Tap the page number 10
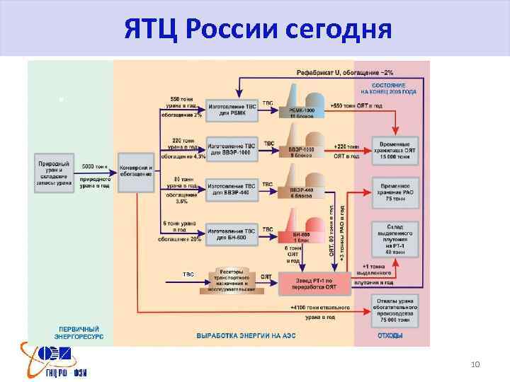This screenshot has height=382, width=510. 475,364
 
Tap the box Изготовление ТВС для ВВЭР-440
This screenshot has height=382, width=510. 231,188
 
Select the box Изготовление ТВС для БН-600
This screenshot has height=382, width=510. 231,233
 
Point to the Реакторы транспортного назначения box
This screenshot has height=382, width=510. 231,279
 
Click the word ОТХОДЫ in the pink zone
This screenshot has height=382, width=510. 390,336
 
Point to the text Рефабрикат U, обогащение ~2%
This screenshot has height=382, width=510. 345,73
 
